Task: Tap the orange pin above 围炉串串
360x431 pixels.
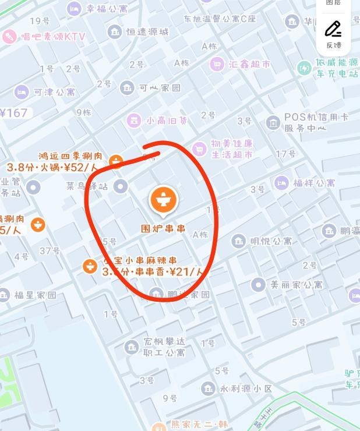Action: point(164,199)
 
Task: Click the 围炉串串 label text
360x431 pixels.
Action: point(164,229)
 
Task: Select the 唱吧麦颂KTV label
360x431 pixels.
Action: point(53,37)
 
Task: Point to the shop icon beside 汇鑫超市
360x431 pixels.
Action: point(217,63)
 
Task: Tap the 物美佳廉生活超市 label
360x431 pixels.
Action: point(232,149)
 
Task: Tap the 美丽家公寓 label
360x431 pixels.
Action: point(297,285)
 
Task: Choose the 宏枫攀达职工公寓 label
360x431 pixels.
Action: point(164,347)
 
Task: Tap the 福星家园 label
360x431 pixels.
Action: point(36,295)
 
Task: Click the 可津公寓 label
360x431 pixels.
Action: point(54,92)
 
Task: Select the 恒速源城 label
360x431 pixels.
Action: point(147,31)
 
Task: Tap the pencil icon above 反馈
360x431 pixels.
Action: point(333,28)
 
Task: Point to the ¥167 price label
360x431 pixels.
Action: point(14,112)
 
